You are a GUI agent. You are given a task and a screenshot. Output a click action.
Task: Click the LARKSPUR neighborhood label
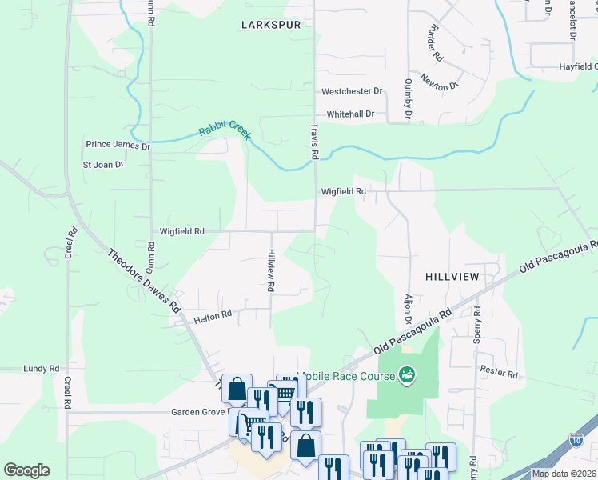[271, 25]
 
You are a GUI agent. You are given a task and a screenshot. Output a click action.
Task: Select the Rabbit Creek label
[225, 130]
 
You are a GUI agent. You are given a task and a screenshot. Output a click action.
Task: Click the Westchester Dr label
[353, 92]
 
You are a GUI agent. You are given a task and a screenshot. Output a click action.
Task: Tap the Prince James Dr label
[118, 146]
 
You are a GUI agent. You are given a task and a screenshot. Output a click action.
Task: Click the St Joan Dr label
[103, 165]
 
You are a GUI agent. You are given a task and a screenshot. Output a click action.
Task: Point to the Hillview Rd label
[271, 270]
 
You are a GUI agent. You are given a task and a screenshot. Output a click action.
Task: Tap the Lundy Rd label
[42, 369]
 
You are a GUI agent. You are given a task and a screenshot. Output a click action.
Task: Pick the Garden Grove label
[197, 413]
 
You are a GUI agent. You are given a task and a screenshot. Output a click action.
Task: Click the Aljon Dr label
[409, 307]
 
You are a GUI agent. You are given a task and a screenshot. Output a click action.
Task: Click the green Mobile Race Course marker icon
[407, 374]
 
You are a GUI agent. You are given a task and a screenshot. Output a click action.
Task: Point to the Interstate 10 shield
[577, 438]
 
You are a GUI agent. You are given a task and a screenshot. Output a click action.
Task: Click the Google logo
[26, 470]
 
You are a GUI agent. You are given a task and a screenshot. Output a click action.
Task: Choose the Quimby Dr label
[408, 98]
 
